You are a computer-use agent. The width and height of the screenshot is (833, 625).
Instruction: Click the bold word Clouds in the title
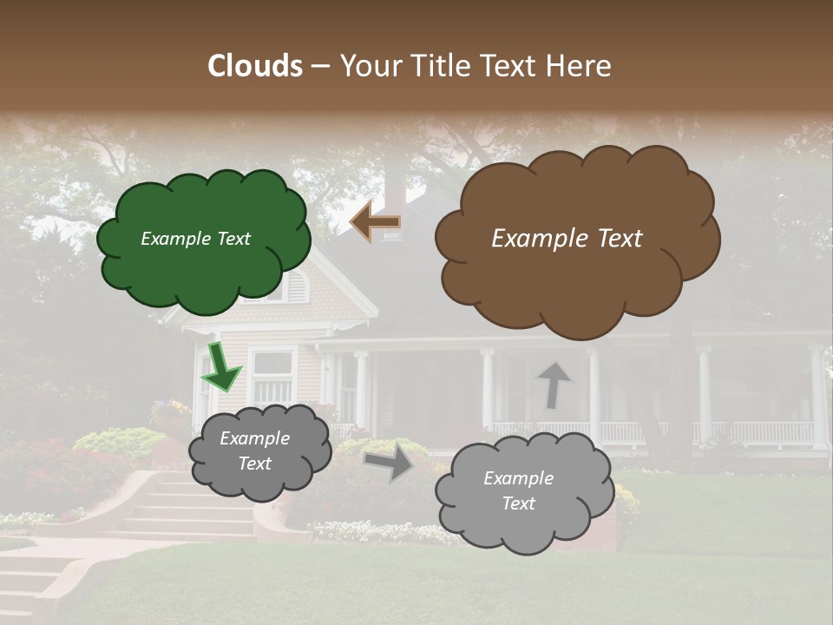255,66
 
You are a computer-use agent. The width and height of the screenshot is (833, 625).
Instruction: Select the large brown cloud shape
577,278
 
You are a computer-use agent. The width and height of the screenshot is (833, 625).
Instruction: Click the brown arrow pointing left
375,222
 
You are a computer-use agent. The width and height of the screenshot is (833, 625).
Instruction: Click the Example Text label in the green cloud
195,239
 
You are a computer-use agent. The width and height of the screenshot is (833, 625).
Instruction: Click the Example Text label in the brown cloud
567,239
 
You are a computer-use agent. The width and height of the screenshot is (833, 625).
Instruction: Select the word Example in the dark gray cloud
254,438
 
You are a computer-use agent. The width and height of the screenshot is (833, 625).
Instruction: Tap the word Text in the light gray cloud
518,503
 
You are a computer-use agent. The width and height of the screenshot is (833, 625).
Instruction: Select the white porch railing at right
764,431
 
